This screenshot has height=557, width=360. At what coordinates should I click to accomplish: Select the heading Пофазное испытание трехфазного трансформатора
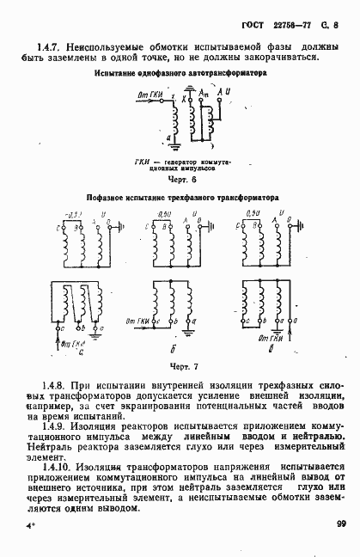[x=180, y=197]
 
